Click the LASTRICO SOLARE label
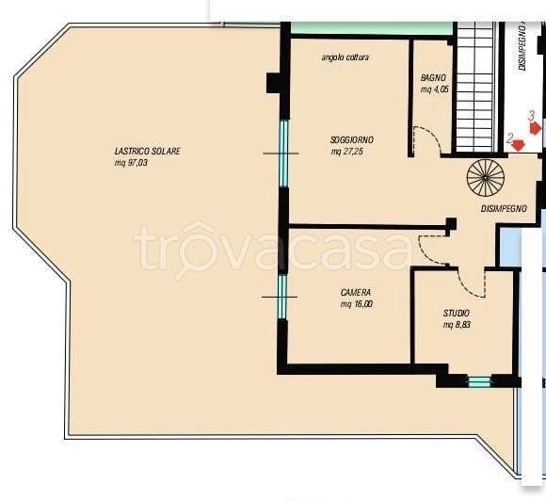coord(147,152)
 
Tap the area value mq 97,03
coord(131,163)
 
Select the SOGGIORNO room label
coord(352,140)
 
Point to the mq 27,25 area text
coord(347,152)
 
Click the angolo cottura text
coord(345,57)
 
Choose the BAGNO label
coord(433,78)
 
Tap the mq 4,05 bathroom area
coord(434,89)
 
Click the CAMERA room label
coord(356,292)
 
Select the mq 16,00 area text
coord(357,304)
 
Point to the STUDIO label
coord(457,313)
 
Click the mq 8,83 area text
coord(458,325)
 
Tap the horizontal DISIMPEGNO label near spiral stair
coord(504,209)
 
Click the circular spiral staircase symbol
coord(486,178)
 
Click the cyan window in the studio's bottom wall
coord(479,381)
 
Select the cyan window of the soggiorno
coord(284,154)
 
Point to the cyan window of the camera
coord(282,297)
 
